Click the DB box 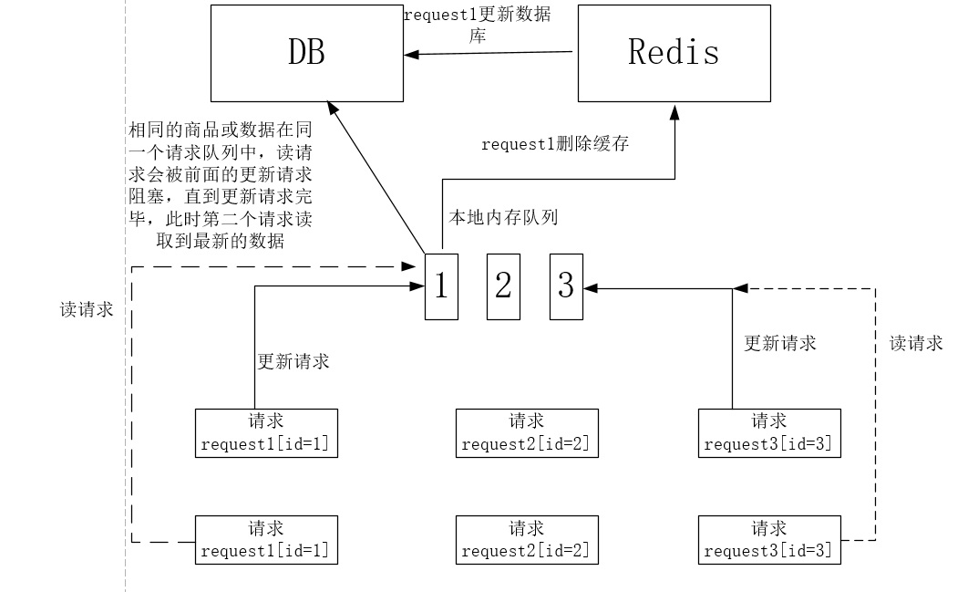[306, 53]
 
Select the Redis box [674, 53]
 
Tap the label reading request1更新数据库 [477, 26]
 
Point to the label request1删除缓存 [554, 144]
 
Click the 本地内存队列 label [502, 217]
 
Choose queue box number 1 [441, 286]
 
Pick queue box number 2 [503, 286]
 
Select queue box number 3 [566, 286]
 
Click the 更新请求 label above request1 [293, 361]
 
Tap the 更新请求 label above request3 [780, 343]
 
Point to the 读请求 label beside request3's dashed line [916, 343]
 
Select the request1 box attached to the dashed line [266, 539]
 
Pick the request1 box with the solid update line [266, 433]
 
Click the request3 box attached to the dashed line [769, 539]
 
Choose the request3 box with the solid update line [769, 433]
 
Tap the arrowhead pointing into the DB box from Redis [411, 55]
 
